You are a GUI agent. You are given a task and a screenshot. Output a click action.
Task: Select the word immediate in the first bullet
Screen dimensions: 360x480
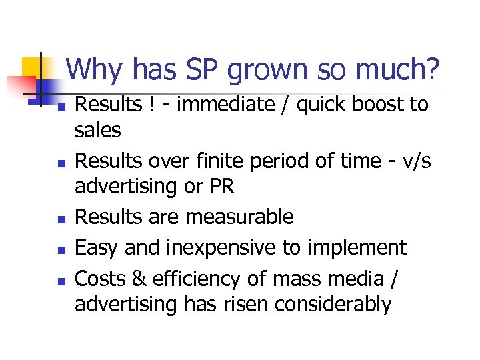210,105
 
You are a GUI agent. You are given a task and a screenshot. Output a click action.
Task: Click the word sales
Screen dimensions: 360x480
97,130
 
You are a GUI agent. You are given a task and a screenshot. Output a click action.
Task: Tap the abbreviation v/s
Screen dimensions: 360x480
413,161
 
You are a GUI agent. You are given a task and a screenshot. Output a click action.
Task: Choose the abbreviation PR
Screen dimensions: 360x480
222,187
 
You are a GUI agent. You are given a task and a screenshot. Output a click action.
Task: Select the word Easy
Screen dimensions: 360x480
96,248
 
